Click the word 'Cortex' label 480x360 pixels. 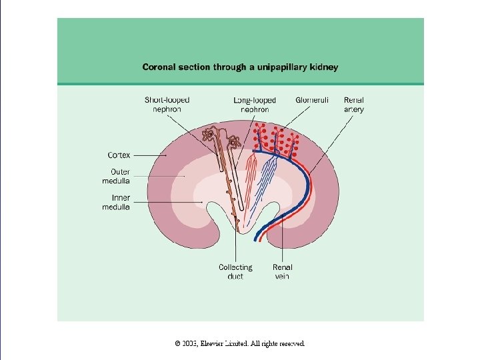click(119, 155)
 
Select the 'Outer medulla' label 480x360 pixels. click(116, 177)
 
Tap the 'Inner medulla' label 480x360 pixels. click(116, 203)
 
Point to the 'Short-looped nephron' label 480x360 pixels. click(167, 105)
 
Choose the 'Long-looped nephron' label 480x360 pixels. click(254, 105)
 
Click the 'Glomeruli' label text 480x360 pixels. click(312, 101)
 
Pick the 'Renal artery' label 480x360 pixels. click(354, 105)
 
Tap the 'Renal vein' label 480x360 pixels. click(282, 271)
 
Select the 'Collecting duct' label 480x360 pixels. click(235, 271)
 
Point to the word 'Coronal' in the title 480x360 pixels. click(159, 67)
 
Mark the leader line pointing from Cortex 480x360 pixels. click(151, 155)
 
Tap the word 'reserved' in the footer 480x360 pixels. click(291, 344)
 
